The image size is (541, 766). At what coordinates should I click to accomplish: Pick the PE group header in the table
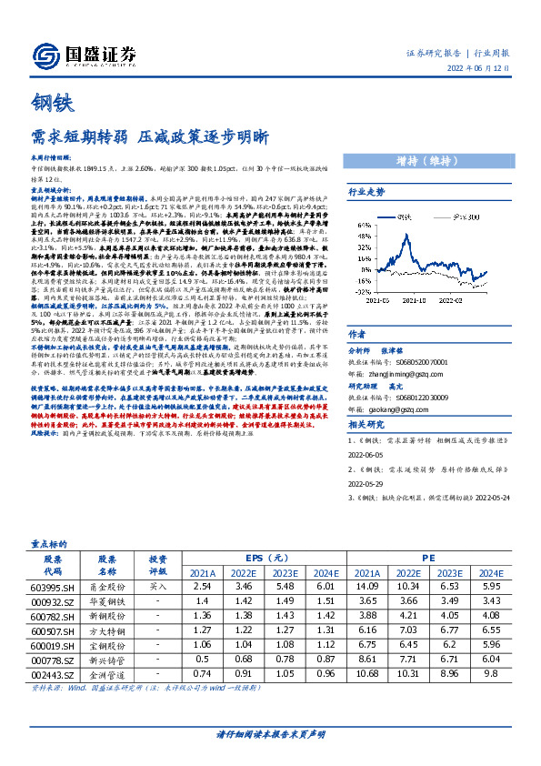coord(428,558)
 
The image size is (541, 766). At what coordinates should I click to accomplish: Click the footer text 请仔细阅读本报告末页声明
coord(270,733)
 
